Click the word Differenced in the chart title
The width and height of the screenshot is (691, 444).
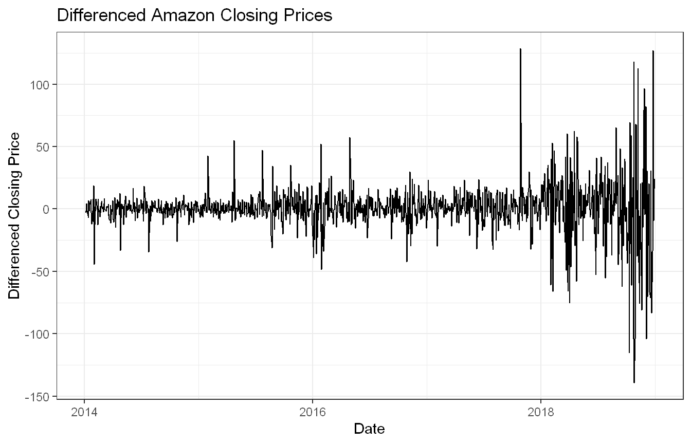[101, 15]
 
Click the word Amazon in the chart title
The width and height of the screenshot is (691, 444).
[183, 15]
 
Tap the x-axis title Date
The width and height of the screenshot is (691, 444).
[369, 429]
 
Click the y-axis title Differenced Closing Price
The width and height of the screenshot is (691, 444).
[14, 216]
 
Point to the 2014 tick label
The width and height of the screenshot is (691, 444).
[84, 412]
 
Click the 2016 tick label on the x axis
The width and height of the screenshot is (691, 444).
[313, 412]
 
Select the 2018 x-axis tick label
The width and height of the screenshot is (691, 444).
[541, 412]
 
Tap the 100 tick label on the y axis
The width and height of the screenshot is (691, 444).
[40, 85]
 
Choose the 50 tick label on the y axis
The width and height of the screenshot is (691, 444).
[43, 147]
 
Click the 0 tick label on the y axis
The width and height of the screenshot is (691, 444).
[46, 210]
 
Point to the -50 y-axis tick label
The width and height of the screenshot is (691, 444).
[40, 272]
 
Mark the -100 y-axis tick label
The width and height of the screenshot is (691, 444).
[37, 334]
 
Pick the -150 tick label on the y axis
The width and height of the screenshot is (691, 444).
[37, 397]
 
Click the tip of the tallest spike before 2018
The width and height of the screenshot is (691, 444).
[520, 49]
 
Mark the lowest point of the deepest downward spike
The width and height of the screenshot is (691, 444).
[634, 383]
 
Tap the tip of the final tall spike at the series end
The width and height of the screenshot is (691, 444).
[653, 51]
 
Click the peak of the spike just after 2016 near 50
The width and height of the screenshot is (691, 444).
[321, 144]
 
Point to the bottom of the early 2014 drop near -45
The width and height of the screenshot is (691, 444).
[94, 264]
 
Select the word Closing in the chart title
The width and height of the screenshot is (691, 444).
[249, 15]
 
